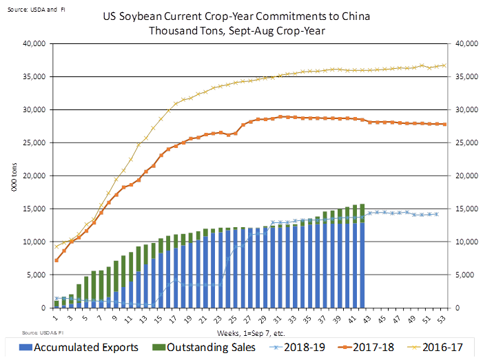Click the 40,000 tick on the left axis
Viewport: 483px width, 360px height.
click(32, 43)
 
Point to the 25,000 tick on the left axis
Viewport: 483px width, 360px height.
click(32, 142)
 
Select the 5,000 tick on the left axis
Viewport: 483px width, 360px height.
click(34, 275)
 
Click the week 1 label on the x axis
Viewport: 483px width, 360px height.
click(56, 317)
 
